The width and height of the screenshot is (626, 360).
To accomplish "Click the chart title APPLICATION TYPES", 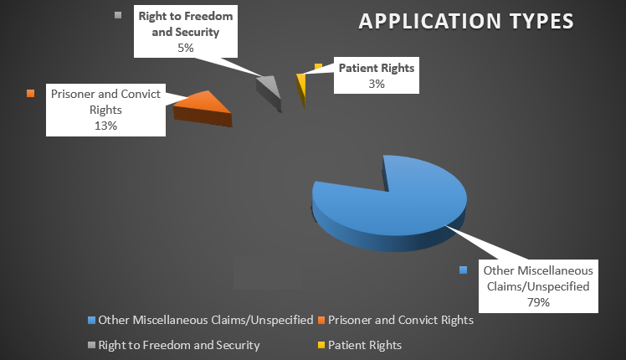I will (466, 20).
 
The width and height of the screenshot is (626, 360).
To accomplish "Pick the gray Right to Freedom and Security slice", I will (269, 86).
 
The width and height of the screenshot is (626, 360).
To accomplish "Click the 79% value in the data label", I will (538, 301).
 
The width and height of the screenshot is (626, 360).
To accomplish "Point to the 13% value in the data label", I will (105, 124).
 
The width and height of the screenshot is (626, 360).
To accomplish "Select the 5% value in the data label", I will (185, 48).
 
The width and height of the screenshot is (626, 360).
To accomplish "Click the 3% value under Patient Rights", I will (376, 84).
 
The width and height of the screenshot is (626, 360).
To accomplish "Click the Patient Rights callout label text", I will (376, 68).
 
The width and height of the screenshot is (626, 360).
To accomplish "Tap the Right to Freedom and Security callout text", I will (185, 25).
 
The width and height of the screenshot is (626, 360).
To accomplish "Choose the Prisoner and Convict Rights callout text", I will (105, 100).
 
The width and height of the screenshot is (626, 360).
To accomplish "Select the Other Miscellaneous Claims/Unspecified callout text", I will (538, 278).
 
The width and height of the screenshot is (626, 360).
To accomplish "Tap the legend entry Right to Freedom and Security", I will (178, 344).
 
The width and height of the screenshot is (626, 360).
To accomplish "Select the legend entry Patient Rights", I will (364, 344).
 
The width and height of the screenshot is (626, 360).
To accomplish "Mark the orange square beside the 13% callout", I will (31, 93).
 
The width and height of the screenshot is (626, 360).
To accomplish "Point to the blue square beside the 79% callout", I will (463, 270).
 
